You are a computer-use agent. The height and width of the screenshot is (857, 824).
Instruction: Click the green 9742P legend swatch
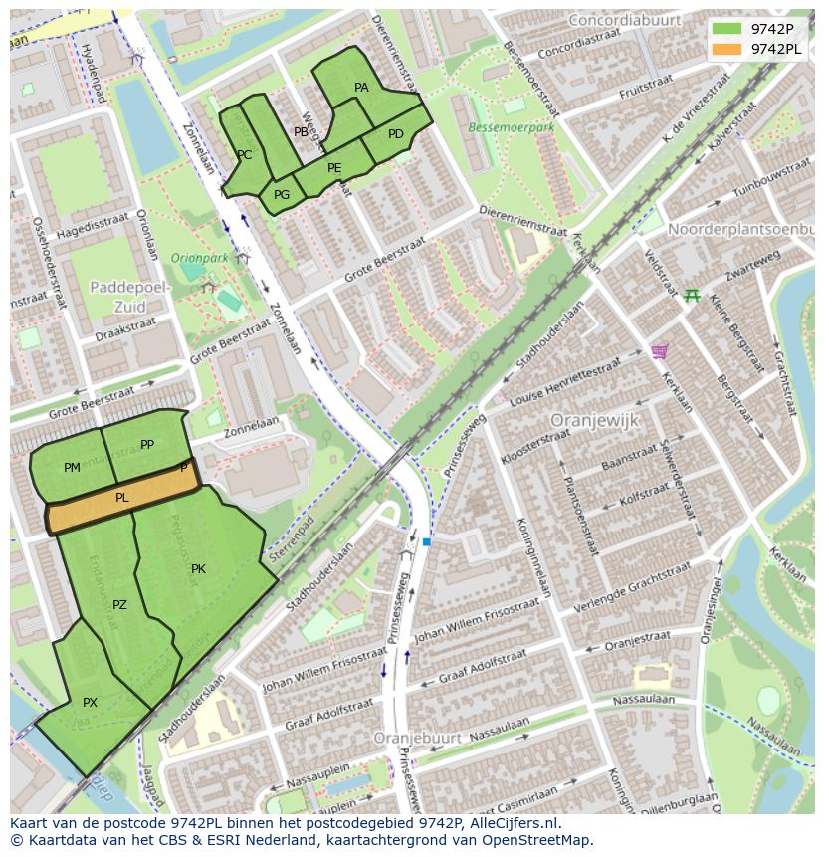point(726,28)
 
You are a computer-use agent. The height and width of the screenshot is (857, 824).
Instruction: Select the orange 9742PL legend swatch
point(726,49)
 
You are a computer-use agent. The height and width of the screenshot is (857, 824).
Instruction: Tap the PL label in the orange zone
point(122,497)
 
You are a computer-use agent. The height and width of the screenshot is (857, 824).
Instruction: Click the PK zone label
point(198,569)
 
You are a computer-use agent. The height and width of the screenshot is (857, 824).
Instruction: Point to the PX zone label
point(90,702)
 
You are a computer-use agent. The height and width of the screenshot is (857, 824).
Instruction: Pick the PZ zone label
point(119,604)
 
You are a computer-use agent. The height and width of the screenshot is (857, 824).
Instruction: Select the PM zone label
point(72,467)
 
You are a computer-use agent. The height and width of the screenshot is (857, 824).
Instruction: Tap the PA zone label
point(361,88)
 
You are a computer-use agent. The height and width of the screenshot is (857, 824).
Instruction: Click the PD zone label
point(396,134)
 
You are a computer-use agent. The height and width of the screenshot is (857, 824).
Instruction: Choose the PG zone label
point(282,195)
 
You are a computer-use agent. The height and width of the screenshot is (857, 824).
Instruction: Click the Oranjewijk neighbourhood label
point(594,420)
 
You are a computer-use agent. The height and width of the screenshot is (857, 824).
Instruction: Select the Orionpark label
point(200,257)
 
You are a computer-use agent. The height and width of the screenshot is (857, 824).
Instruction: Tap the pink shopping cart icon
point(658,351)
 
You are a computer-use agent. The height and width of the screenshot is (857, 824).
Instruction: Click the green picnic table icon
point(692,295)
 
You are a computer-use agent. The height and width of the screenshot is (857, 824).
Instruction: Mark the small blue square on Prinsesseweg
point(426,541)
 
